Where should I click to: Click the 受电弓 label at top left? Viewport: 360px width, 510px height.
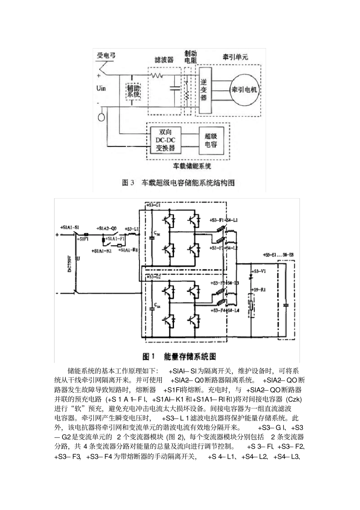(106, 56)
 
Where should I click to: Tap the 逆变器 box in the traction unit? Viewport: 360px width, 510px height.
(204, 90)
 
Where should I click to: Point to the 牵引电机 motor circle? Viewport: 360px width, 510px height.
(244, 90)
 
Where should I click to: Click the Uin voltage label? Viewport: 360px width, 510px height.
(101, 88)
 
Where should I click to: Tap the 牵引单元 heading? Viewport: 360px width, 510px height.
(235, 58)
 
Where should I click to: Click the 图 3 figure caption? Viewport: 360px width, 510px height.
(178, 183)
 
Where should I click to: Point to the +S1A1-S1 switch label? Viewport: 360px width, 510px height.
(69, 227)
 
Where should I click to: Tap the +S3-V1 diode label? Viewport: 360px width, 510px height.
(258, 271)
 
